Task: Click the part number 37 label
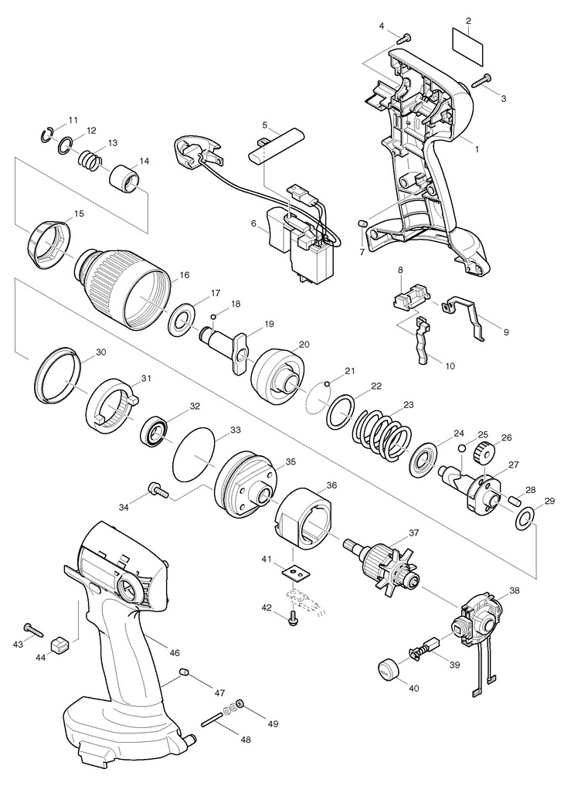[x=413, y=533]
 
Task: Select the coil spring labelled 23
[x=384, y=427]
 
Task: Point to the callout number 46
[x=175, y=653]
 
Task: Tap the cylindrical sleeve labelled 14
[x=126, y=179]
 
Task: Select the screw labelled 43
[x=33, y=630]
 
